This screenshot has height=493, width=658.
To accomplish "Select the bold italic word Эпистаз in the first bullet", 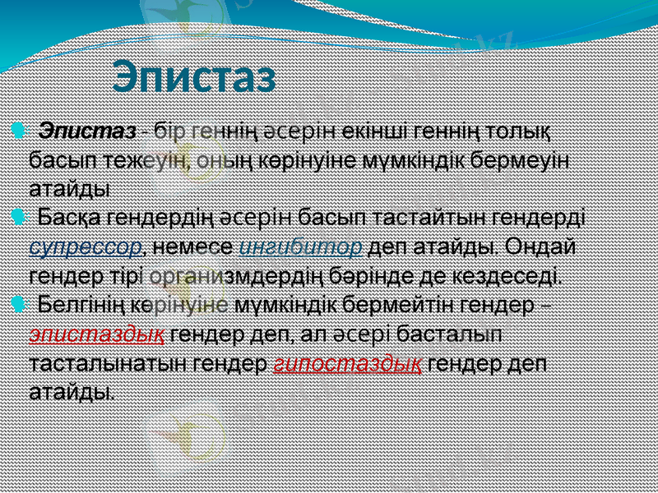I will pos(89,131).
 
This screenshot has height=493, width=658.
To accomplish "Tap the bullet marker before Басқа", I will pos(18,217).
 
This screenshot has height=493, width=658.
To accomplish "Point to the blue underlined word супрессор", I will pos(84,246).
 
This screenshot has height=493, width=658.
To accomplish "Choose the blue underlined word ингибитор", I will pos(302,246).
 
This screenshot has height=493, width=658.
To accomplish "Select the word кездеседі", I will pos(508,275).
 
